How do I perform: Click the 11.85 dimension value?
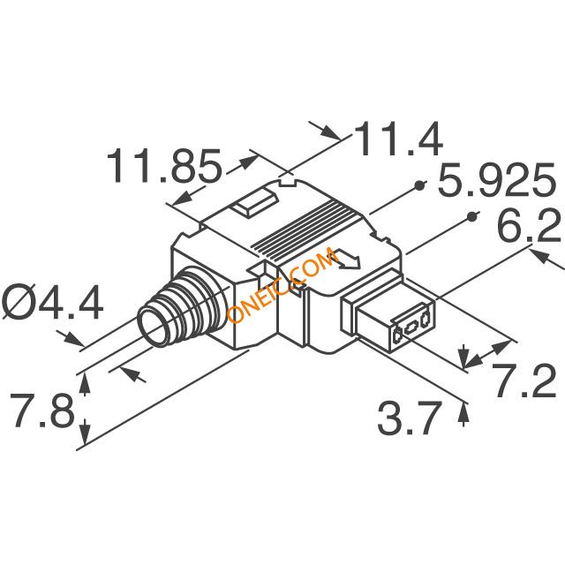164,166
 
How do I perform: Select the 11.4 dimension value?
398,139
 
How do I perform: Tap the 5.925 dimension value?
496,180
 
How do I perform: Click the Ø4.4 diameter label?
53,302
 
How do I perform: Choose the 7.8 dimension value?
42,410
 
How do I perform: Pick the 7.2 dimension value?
524,380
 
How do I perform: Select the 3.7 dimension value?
410,418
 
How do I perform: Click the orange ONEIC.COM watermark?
282,284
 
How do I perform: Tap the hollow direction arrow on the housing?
347,259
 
